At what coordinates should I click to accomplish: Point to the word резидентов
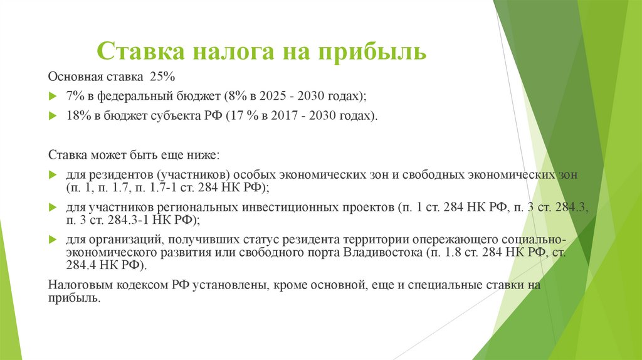pyautogui.click(x=117, y=174)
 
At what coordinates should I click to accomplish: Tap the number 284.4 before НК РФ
pyautogui.click(x=80, y=266)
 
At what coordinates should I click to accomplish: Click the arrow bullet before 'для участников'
pyautogui.click(x=52, y=206)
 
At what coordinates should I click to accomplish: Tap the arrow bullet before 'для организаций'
pyautogui.click(x=52, y=240)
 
